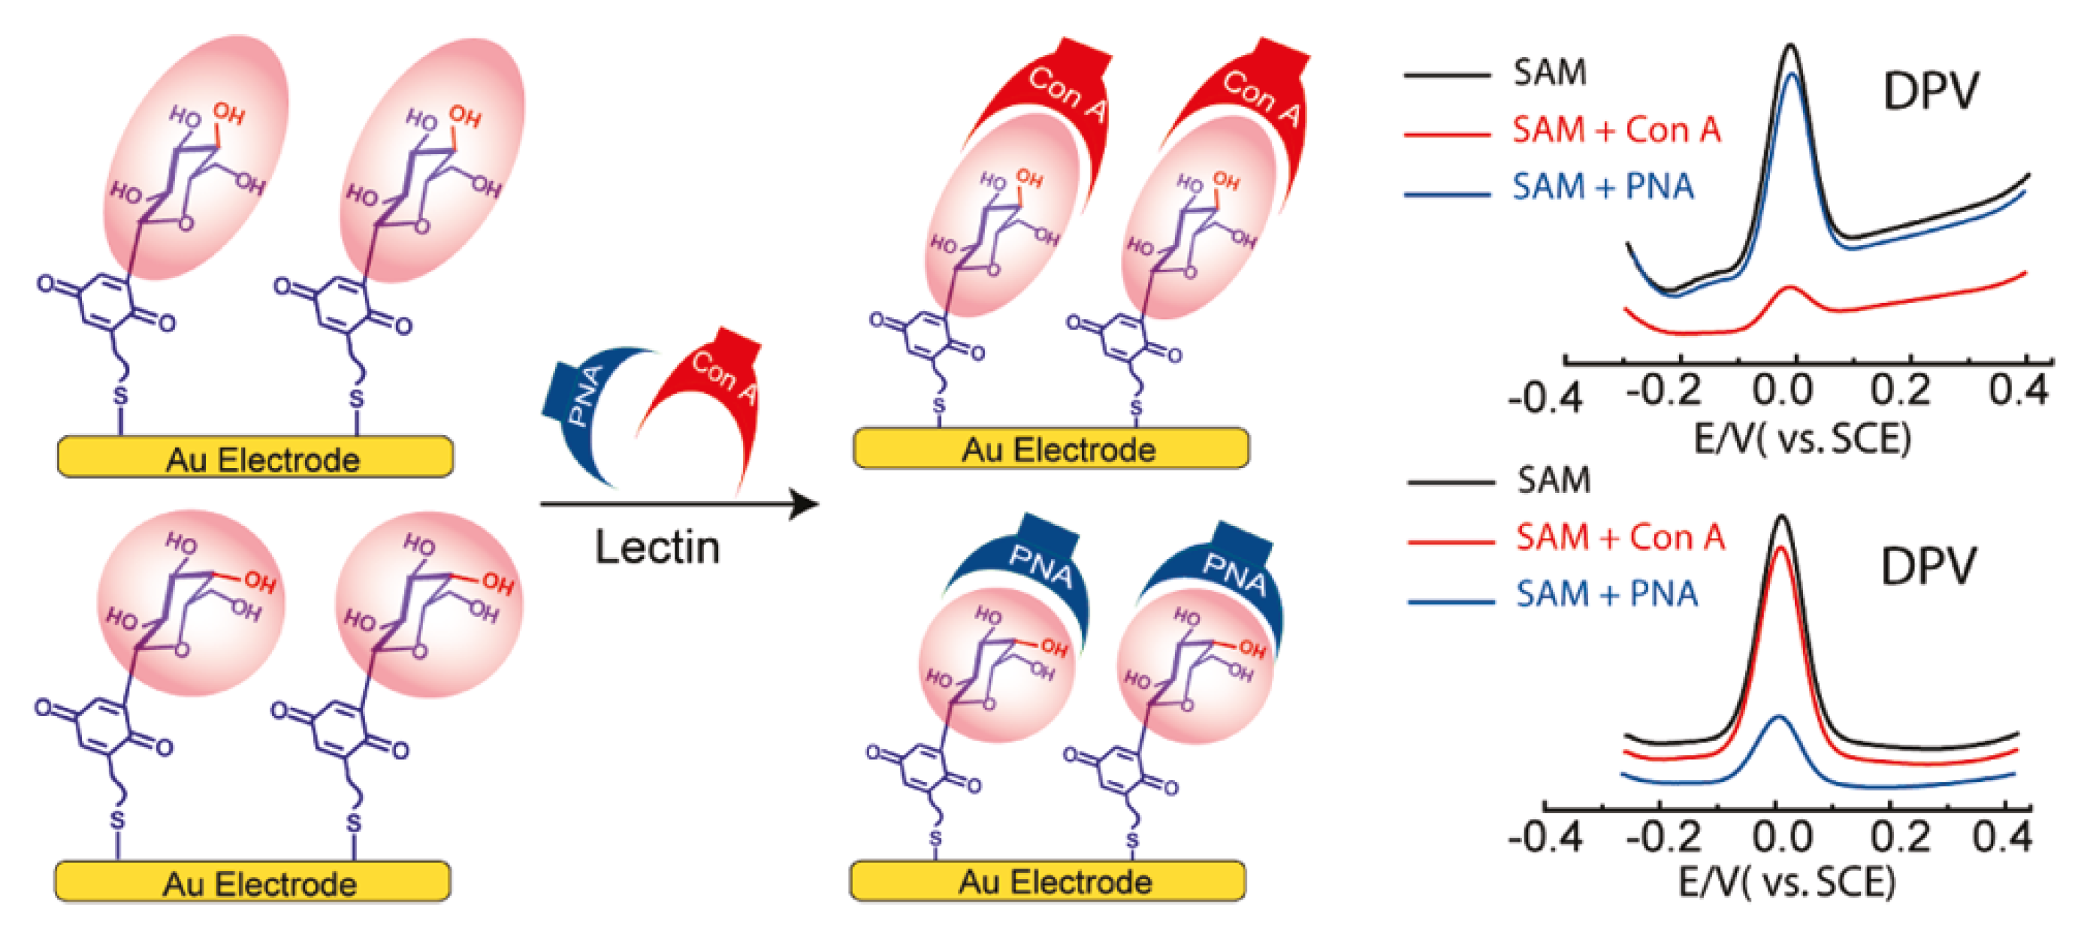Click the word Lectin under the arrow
(x=657, y=548)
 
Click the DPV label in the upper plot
(x=1930, y=92)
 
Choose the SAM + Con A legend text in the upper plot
(x=1616, y=130)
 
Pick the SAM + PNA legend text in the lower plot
(x=1607, y=594)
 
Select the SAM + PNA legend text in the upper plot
(x=1603, y=187)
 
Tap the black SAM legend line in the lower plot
(x=1451, y=482)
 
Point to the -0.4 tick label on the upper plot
(x=1545, y=399)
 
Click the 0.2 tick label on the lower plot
(x=1900, y=837)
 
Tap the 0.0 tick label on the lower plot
(x=1782, y=837)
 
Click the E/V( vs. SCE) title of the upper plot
(x=1802, y=439)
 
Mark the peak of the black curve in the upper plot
(x=1790, y=47)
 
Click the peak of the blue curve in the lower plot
(x=1779, y=717)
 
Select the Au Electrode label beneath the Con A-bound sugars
(x=1058, y=449)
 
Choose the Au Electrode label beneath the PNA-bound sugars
(x=1055, y=881)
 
